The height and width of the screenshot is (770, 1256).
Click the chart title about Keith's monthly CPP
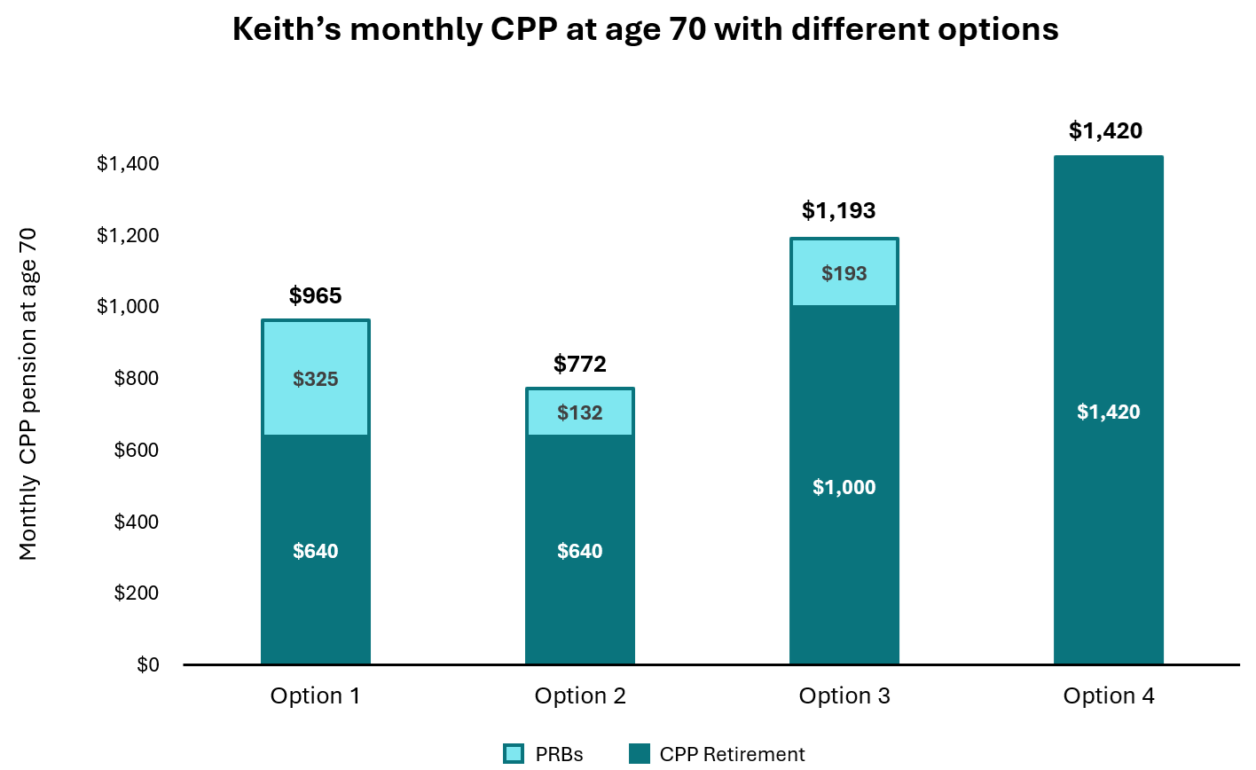pyautogui.click(x=645, y=29)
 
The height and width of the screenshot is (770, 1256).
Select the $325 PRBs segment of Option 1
pyautogui.click(x=315, y=378)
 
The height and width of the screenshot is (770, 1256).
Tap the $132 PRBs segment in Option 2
pyautogui.click(x=579, y=412)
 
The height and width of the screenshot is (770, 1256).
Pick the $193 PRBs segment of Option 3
pyautogui.click(x=844, y=273)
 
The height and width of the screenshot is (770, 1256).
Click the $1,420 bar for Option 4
pyautogui.click(x=1108, y=411)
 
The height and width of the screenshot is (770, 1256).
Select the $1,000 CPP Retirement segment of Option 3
pyautogui.click(x=844, y=487)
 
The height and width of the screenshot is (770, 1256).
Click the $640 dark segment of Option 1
pyautogui.click(x=315, y=551)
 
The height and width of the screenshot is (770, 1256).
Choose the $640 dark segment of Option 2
pyautogui.click(x=579, y=551)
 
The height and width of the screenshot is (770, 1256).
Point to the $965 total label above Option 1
pyautogui.click(x=315, y=295)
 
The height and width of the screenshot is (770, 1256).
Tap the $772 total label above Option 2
pyautogui.click(x=579, y=364)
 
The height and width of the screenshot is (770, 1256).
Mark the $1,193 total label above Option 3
pyautogui.click(x=838, y=210)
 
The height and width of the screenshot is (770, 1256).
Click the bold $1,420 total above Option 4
pyautogui.click(x=1105, y=130)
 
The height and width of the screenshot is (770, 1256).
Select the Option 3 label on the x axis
pyautogui.click(x=844, y=696)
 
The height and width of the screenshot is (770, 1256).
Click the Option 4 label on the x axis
pyautogui.click(x=1108, y=696)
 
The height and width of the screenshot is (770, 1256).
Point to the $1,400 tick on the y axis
pyautogui.click(x=128, y=163)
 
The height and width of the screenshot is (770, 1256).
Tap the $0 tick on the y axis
pyautogui.click(x=147, y=664)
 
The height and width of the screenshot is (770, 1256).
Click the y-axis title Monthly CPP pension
pyautogui.click(x=28, y=394)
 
